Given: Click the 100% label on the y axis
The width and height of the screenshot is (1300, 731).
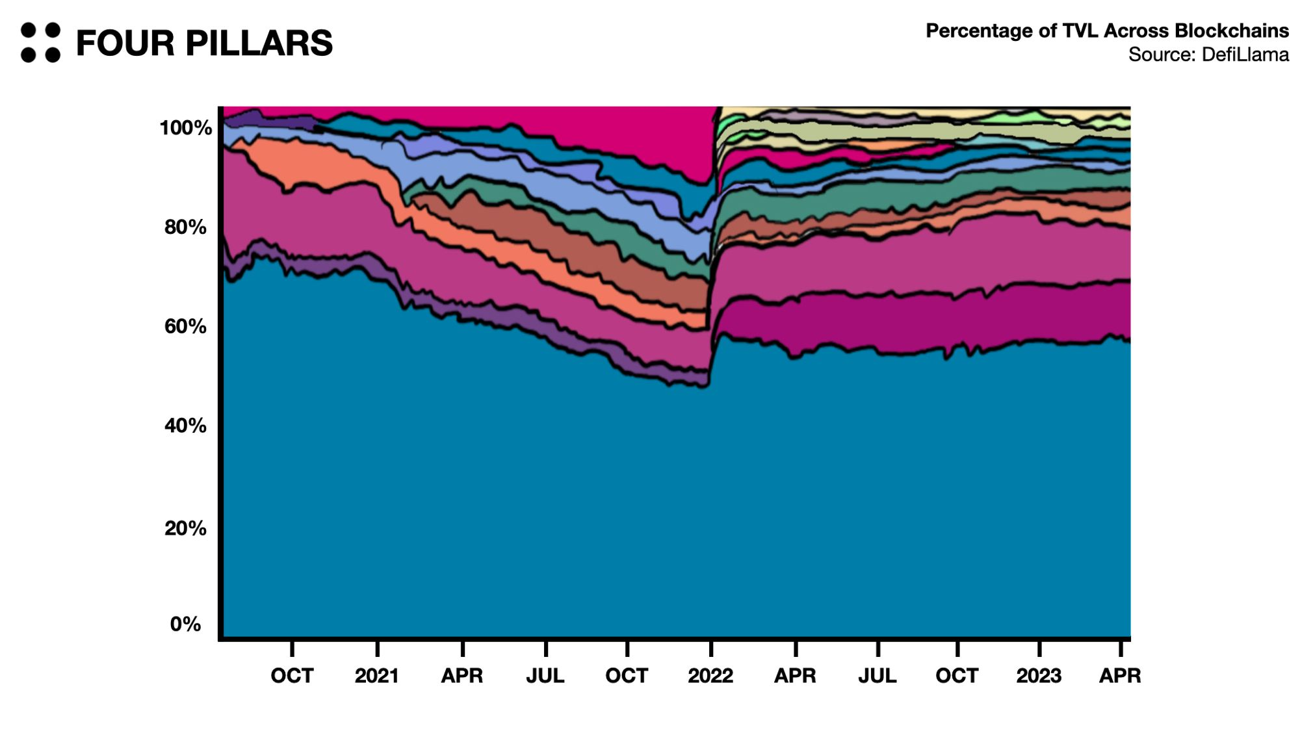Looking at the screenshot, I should tap(185, 128).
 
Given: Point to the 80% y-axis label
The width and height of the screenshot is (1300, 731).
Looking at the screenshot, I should tap(185, 227).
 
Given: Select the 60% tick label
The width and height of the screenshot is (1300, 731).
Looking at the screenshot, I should tap(185, 326).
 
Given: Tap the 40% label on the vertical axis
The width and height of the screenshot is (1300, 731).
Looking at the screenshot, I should tap(185, 426).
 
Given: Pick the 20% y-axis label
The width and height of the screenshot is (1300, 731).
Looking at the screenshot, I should tap(185, 528).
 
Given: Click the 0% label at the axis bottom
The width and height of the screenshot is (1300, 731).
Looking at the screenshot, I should tap(185, 624).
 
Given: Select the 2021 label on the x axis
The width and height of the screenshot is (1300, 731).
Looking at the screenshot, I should tap(377, 676).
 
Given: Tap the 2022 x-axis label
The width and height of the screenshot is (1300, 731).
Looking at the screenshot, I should tap(710, 676).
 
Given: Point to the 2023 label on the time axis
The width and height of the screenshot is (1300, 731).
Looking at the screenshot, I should tap(1039, 676).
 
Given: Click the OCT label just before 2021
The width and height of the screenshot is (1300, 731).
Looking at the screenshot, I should tap(292, 676).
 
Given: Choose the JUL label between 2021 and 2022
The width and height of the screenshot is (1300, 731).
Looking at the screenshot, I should tap(545, 676).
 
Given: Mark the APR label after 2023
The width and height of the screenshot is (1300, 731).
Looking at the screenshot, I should tap(1120, 676).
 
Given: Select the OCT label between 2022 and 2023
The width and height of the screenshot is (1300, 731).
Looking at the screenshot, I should tap(957, 676).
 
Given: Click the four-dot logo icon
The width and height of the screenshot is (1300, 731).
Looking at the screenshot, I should tap(40, 43).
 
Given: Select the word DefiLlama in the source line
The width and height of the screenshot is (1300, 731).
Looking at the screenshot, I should tap(1245, 55).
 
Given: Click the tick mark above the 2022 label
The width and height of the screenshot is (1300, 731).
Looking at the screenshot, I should tap(711, 648).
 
